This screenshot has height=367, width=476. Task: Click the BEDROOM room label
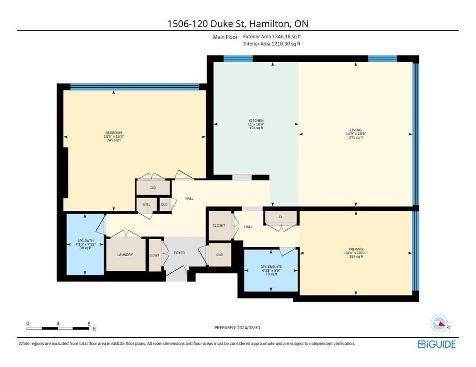coord(113,133)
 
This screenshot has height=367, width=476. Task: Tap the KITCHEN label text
coord(256,121)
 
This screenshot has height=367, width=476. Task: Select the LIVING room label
coord(356,130)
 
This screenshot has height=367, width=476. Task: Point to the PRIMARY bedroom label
coord(357,249)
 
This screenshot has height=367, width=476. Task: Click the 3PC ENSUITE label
coord(271,267)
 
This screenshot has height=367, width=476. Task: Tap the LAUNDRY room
coord(125,255)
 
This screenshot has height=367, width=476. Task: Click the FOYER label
coord(179,253)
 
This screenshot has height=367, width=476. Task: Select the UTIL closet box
coord(146,204)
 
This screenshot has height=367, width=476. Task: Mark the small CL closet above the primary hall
coord(280,217)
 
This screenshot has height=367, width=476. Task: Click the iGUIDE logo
coord(437,344)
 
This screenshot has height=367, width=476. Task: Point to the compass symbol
coord(439,324)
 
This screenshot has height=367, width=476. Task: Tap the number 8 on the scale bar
coord(89,323)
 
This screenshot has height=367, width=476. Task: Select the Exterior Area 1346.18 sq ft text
coord(272,36)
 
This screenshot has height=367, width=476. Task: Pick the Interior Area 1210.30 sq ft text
coord(272,44)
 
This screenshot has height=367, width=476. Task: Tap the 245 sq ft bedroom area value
coord(113,140)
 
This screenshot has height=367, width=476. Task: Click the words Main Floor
coord(226,36)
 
